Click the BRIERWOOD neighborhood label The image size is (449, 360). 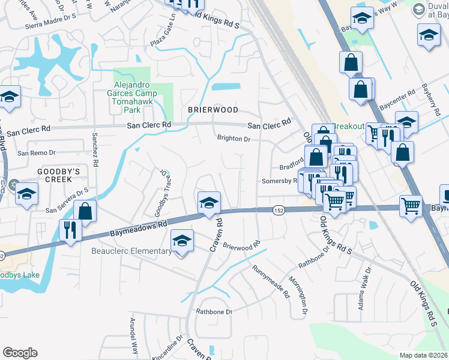213,110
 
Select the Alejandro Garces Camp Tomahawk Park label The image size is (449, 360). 132,98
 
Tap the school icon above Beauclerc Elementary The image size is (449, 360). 182,241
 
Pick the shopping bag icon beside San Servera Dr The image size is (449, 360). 85,211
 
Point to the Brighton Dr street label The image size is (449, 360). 234,138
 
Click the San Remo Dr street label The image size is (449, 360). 36,153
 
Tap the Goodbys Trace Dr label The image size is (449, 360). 160,194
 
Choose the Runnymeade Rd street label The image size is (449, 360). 271,282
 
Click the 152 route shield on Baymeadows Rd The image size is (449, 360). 278,209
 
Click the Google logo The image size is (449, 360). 20,353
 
